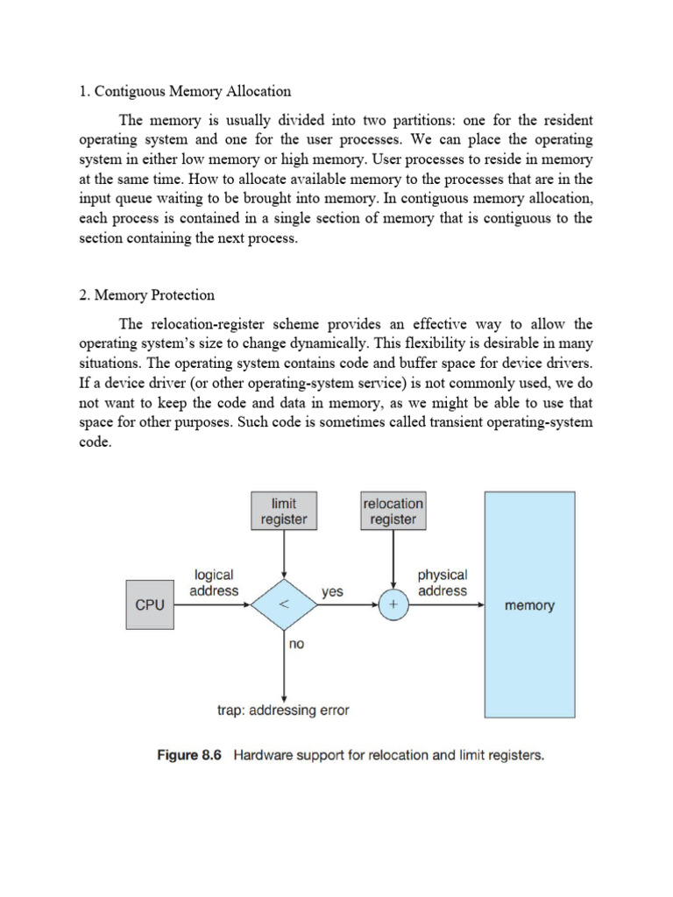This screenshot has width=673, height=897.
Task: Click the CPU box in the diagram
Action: pos(151,605)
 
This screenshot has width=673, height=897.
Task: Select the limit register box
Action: pos(284,512)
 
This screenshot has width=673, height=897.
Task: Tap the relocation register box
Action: pos(393,512)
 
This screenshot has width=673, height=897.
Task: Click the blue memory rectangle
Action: pos(530,605)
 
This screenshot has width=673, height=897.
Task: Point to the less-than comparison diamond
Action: pos(285,605)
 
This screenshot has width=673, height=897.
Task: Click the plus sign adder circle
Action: pos(393,605)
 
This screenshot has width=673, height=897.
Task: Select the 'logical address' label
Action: pos(214,583)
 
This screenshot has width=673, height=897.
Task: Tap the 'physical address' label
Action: pos(443,583)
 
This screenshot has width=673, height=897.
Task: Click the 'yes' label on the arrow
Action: pos(332,592)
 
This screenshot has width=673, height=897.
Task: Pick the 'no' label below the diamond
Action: pos(296,644)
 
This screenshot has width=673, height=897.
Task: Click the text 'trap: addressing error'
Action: pos(283,710)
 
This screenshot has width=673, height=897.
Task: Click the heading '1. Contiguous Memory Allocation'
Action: pos(185,91)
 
